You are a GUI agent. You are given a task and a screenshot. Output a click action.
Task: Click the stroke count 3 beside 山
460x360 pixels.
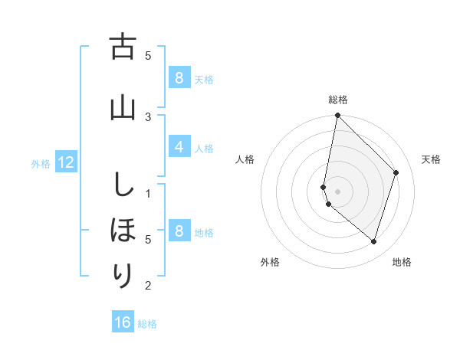[x=148, y=116]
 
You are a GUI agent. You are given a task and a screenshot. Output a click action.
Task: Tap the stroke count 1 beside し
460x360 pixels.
[x=148, y=193]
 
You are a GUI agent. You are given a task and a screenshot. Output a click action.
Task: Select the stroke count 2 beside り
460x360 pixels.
[x=148, y=286]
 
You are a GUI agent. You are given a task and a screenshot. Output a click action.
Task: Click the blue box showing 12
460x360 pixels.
[x=66, y=162]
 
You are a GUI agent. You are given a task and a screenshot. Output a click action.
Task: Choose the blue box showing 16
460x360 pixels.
[x=123, y=322]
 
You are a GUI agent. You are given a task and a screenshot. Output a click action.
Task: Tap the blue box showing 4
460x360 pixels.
[x=179, y=147]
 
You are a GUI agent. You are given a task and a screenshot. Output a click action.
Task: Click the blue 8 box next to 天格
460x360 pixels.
[x=179, y=77]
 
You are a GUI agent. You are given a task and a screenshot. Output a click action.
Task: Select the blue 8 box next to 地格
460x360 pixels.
[x=179, y=231]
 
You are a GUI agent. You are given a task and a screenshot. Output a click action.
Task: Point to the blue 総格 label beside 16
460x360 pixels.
[x=147, y=324]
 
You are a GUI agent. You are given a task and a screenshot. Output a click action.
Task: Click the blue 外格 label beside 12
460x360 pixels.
[x=41, y=163]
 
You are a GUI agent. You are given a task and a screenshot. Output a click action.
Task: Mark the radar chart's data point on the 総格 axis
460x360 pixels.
[x=337, y=115]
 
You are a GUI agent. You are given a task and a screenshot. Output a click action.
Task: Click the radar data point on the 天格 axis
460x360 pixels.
[x=396, y=172]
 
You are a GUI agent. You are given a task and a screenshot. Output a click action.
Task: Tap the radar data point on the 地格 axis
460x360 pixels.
[x=373, y=241]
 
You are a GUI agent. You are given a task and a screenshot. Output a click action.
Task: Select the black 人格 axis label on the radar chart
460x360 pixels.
[x=245, y=159]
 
